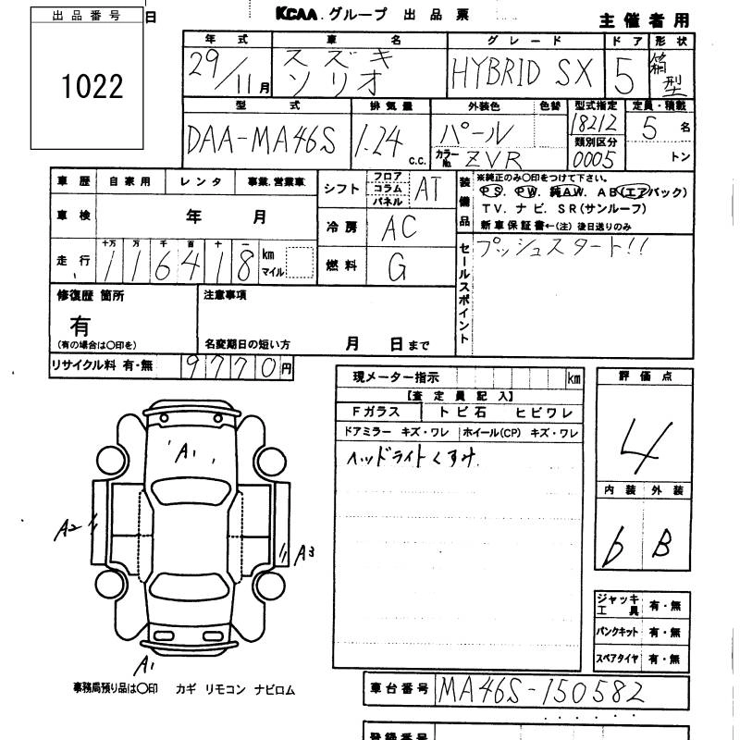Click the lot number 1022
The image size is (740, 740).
[92, 86]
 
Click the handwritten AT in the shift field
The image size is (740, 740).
[425, 189]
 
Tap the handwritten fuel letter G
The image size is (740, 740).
[398, 268]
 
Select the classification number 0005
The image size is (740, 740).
[594, 160]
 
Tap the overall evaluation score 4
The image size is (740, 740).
[642, 438]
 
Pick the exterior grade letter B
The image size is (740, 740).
[661, 546]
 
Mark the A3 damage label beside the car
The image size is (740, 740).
[305, 554]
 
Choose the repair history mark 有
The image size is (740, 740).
[81, 325]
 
